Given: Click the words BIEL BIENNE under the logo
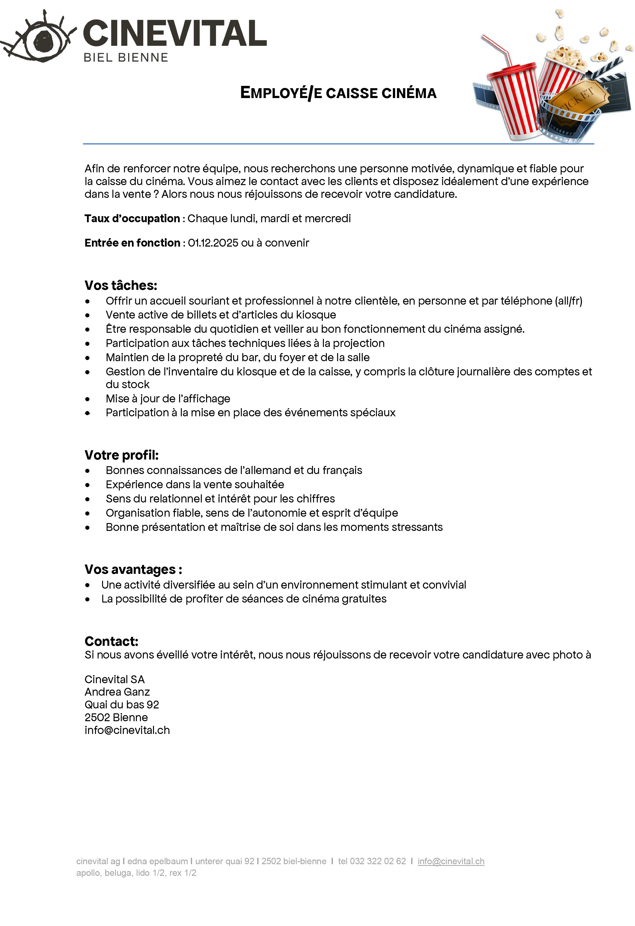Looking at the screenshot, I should (126, 58).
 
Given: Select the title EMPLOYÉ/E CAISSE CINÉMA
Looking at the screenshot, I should (338, 93).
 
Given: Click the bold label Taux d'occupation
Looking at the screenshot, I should (132, 218).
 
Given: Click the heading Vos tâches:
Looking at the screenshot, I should (121, 285).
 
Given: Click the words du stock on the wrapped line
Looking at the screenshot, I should (128, 384).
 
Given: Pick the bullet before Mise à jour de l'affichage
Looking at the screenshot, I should (88, 399).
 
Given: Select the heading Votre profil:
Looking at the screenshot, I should (121, 455).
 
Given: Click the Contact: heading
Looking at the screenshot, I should (112, 641).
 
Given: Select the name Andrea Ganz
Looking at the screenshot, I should (117, 692).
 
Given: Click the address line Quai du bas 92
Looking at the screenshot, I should (121, 705).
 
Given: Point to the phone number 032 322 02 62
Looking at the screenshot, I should (378, 861).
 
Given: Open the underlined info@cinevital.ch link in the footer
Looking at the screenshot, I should (451, 861).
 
